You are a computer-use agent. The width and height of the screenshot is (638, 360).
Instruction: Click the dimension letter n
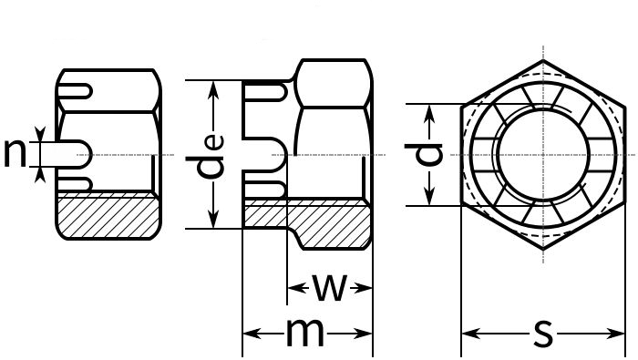coord(15,153)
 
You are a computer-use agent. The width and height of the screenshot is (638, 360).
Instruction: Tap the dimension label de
coord(211,156)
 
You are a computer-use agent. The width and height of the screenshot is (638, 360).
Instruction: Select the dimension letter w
coord(330,288)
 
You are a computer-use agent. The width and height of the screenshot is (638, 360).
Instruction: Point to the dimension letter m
coord(305,333)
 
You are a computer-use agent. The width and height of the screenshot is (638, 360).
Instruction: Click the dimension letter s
coord(543,334)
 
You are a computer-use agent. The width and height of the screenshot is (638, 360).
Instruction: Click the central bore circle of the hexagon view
coord(543,155)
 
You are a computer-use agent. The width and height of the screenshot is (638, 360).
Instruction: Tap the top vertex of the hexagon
coord(543,60)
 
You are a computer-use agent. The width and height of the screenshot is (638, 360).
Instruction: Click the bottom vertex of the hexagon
coord(543,249)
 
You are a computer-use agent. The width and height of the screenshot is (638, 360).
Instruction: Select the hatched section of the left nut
coord(108,216)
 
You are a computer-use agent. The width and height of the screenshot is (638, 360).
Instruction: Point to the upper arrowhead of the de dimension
coord(213,89)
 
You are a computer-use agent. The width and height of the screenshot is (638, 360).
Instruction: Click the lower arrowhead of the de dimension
coord(213,220)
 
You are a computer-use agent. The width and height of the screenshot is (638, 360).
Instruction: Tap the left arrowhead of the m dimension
coord(252,334)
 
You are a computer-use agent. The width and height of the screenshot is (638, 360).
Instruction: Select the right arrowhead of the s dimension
coord(615,334)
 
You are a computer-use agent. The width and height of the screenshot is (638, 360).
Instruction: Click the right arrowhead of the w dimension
coord(363,288)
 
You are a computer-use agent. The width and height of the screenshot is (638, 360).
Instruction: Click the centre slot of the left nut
coord(73,154)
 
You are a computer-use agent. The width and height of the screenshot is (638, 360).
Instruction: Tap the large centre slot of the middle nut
coord(264,155)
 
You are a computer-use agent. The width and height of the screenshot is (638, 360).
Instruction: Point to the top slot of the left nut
coord(75,91)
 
